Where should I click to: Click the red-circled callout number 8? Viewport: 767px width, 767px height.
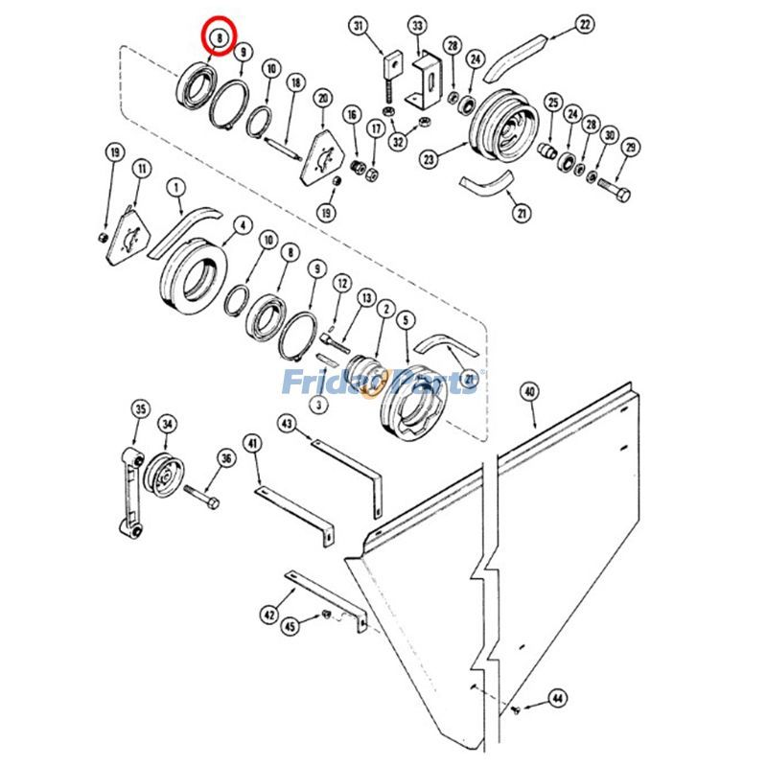pos(220,38)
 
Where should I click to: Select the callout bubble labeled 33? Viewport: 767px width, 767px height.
pos(417,25)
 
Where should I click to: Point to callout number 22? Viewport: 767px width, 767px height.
pos(585,25)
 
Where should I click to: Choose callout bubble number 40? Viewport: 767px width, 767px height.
pos(529,391)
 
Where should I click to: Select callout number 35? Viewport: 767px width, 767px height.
pos(141,410)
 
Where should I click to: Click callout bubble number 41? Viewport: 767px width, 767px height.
pos(251,444)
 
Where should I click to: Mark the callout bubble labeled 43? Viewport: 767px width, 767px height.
pos(288,423)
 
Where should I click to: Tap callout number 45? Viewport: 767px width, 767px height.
pos(289,625)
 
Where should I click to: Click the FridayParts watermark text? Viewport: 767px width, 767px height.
pos(383,383)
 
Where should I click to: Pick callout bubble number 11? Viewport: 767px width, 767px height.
pos(142,169)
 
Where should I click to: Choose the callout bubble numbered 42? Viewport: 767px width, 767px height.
pos(269,615)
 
